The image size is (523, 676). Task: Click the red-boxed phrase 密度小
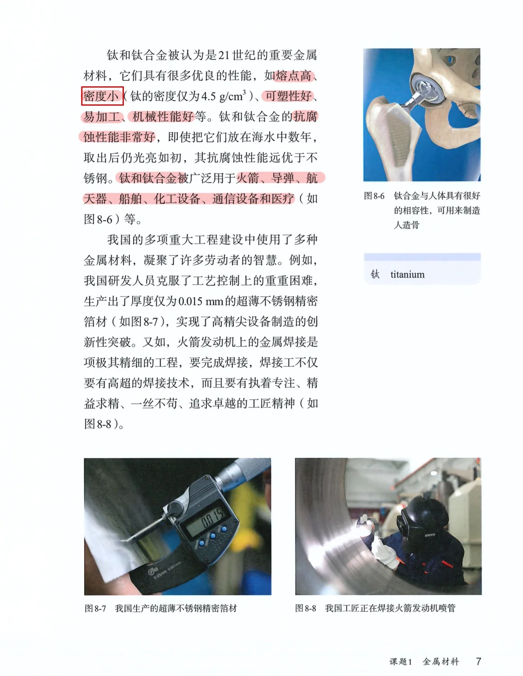(x=102, y=96)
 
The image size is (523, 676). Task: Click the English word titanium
(x=407, y=275)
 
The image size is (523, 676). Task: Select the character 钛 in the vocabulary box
(x=375, y=275)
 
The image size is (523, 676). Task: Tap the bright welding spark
(x=363, y=522)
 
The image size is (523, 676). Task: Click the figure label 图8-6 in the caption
(x=374, y=196)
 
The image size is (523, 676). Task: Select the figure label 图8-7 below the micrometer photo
(x=95, y=608)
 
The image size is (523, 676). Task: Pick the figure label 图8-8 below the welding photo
(x=306, y=608)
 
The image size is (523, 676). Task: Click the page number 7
(x=478, y=661)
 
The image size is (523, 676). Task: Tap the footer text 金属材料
(x=441, y=661)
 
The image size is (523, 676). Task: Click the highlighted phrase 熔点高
(x=293, y=76)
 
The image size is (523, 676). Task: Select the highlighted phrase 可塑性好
(x=288, y=96)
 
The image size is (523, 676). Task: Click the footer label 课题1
(x=400, y=661)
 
